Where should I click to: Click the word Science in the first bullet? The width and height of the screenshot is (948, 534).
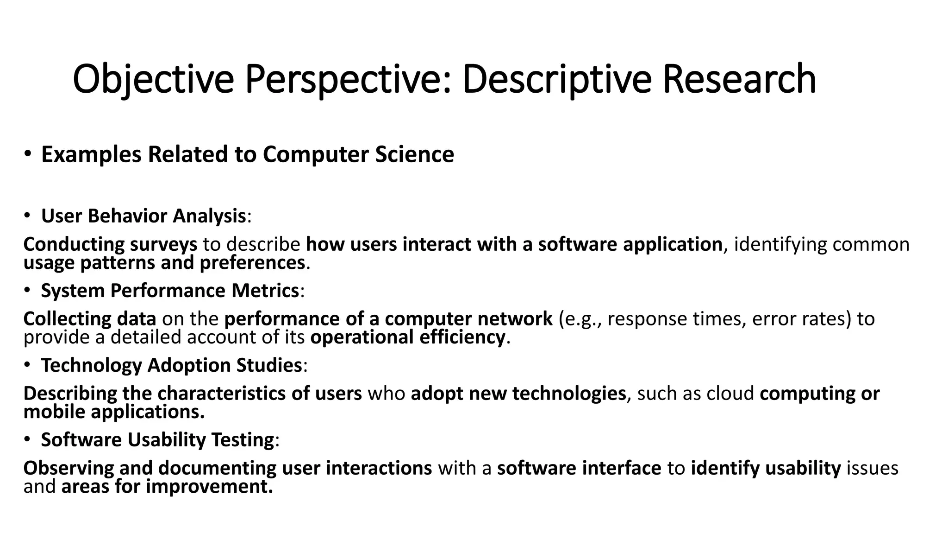[414, 154]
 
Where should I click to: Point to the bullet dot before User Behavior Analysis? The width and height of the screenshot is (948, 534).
[28, 216]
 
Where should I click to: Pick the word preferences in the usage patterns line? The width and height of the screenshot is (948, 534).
[252, 263]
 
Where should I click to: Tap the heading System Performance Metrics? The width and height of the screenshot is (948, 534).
[170, 291]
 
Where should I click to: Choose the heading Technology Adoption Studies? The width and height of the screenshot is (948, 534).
[171, 365]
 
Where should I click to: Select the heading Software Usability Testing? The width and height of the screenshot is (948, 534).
[157, 440]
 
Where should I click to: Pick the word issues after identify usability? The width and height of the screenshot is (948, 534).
[873, 468]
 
